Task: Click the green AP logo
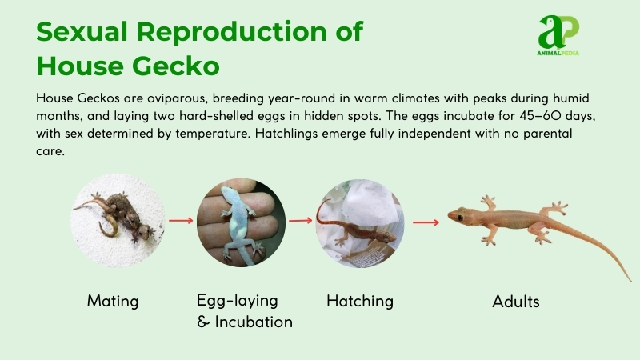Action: (558, 32)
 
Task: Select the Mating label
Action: (113, 302)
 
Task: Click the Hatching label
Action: (360, 302)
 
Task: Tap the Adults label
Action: (516, 302)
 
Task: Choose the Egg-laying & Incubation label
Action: (245, 311)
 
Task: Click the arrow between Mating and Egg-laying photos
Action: (182, 220)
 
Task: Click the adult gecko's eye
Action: (458, 214)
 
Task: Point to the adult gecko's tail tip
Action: (630, 280)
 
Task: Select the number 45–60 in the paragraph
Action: (534, 117)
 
